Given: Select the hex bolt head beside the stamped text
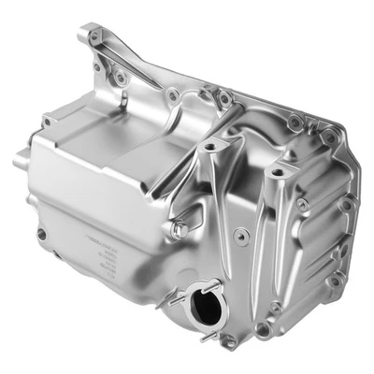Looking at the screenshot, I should [x=178, y=229].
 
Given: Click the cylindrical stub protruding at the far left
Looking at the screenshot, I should [x=19, y=161].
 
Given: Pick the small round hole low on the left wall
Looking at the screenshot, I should [x=41, y=233].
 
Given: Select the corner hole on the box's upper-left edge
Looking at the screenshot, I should [x=48, y=121].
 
